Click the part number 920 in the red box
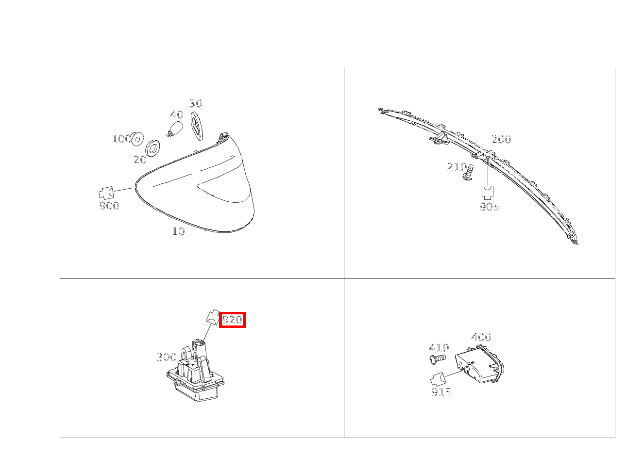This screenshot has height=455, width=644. click(x=232, y=320)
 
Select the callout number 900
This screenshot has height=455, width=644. click(x=109, y=206)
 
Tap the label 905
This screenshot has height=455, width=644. click(x=490, y=207)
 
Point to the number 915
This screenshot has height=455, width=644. click(x=441, y=391)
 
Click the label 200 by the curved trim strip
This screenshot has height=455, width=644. click(x=501, y=139)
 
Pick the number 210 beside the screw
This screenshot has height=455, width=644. click(x=457, y=166)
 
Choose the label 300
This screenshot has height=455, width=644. click(x=167, y=357)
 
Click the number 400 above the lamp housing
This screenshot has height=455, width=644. click(x=481, y=337)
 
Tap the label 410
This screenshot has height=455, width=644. click(x=439, y=348)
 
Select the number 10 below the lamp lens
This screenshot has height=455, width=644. click(x=179, y=231)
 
